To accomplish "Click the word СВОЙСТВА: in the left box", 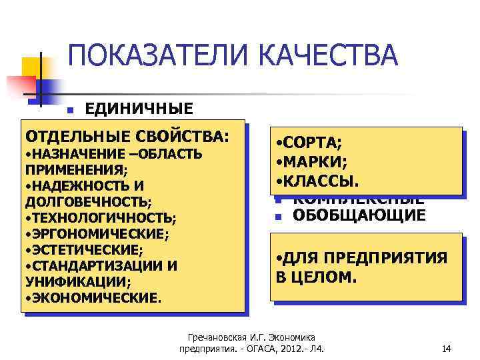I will [x=186, y=137].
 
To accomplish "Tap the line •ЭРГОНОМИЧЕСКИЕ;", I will [x=96, y=233].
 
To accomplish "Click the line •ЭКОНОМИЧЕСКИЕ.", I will [x=93, y=297].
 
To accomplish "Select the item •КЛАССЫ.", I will [x=317, y=181].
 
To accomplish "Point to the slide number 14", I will [x=447, y=347].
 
